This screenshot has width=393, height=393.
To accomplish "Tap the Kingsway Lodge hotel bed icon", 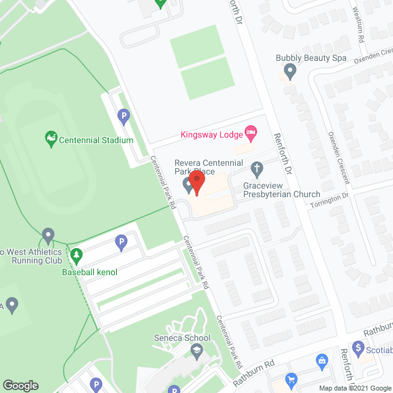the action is [250, 132].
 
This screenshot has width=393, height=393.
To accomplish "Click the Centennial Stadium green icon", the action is [52, 139].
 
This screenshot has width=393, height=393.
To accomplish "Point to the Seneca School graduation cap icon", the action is [196, 351].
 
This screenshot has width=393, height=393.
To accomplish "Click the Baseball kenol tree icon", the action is [77, 254].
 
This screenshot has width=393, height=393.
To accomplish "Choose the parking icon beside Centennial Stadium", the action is [124, 115].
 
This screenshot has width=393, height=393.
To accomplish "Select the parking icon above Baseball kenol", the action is [121, 243].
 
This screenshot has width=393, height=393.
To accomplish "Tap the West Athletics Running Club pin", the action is [49, 236].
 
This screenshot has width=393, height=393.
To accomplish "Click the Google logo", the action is [20, 385].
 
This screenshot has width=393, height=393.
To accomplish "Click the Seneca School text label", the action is [181, 338].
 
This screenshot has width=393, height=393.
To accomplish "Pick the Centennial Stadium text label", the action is [96, 140].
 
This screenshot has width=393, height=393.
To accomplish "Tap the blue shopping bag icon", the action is [321, 360].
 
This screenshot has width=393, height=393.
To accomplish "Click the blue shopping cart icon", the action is [292, 379].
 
